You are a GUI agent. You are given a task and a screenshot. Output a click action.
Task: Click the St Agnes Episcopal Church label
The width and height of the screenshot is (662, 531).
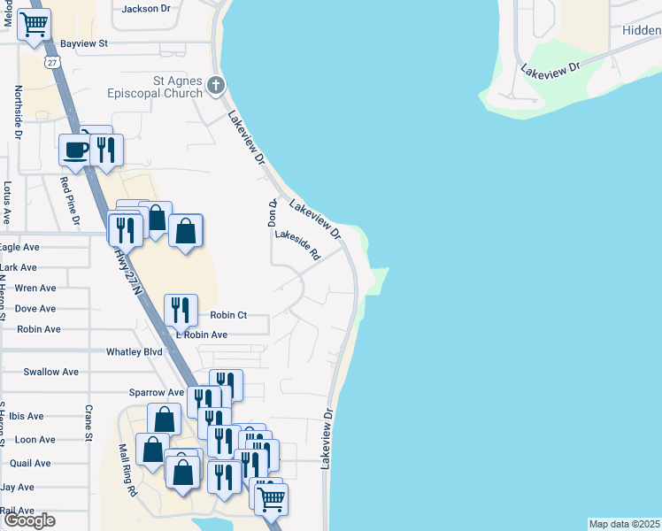coord(177,86)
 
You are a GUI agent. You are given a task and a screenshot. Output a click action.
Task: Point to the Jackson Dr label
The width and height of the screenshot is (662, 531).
coord(146,9)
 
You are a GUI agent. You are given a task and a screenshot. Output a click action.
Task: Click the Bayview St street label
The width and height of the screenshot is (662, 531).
coord(84,42)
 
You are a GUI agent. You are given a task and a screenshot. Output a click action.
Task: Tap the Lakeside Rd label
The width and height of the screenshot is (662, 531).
coord(296,243)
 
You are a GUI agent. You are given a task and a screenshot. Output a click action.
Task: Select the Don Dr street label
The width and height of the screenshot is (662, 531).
coord(273,212)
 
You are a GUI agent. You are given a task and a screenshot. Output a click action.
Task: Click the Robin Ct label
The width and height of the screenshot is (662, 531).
coord(228,315)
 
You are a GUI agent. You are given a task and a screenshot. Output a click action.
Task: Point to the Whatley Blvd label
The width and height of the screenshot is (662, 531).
coord(135,351)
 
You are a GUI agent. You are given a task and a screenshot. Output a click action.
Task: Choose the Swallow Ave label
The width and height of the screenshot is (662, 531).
coord(51,372)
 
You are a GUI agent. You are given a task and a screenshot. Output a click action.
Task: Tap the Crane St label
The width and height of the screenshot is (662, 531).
coord(89,423)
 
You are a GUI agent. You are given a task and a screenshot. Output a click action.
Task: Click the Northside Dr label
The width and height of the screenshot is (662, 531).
coord(18,112)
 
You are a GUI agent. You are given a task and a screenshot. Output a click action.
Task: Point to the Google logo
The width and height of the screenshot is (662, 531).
coord(29,520)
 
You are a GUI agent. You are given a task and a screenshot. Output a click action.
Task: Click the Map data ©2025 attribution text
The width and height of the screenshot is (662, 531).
coord(625,524)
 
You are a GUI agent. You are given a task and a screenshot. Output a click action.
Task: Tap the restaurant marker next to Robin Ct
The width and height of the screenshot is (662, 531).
coord(181,310)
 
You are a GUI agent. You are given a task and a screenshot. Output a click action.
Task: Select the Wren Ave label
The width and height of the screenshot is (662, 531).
coord(35,288)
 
